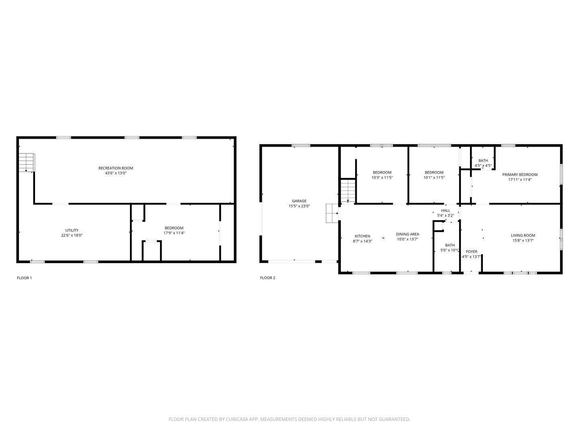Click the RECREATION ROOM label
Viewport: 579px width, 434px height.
point(116,168)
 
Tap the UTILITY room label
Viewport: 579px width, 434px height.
point(72,230)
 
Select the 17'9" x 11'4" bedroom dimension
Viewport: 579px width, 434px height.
point(174,233)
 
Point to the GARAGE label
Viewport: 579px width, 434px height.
point(299,201)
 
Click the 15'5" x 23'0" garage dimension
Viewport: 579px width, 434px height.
point(299,206)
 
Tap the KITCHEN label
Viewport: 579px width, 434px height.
point(362,236)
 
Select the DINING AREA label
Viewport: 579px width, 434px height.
point(407,234)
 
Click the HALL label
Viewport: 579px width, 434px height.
point(446,210)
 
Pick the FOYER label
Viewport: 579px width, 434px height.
point(471,252)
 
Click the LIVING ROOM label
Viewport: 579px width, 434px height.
point(523,235)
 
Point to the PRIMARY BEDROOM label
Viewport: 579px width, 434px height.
point(519,174)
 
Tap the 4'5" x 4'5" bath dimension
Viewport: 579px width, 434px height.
point(483,166)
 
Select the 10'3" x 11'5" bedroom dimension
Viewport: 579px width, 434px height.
point(382,177)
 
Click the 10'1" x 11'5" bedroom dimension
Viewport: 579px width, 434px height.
point(434,177)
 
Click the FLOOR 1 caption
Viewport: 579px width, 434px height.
point(24,278)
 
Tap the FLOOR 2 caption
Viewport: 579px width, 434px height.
point(267,278)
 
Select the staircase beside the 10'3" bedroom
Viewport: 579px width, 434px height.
point(348,191)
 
